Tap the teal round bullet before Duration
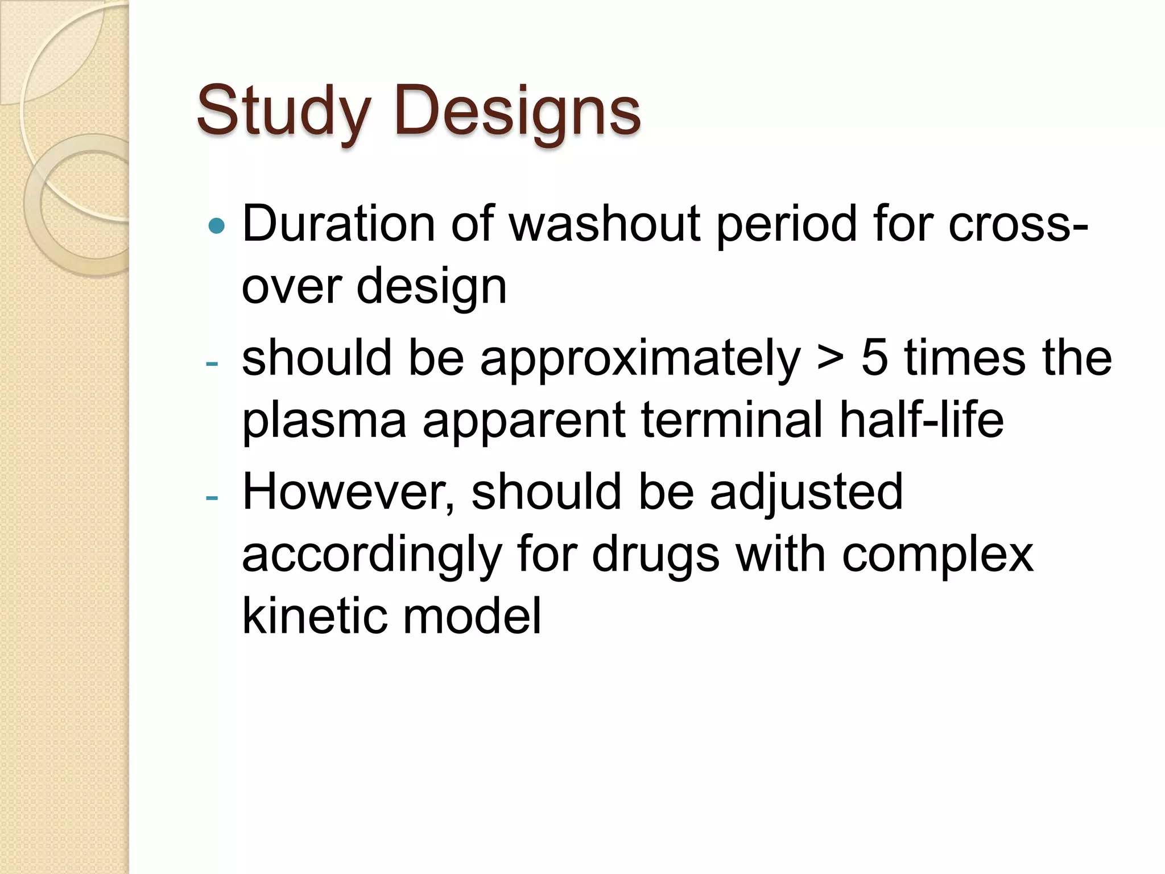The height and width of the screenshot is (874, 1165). [x=217, y=226]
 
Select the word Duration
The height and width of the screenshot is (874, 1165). [x=338, y=224]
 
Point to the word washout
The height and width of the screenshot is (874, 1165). [x=604, y=224]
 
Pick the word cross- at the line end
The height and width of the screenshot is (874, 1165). [x=1018, y=224]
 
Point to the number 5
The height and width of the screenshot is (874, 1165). [x=874, y=358]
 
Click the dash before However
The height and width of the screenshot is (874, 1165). [x=212, y=498]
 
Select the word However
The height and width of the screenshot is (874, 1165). [x=348, y=492]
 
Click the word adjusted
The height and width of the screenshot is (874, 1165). [x=806, y=493]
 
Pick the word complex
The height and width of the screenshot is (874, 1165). [x=937, y=555]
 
